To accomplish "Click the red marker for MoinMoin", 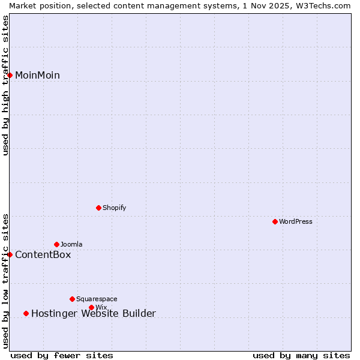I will pos(10,75).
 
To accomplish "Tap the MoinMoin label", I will pos(37,76).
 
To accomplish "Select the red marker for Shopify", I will pos(99,208).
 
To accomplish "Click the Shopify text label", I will pos(114,208).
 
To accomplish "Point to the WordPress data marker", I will pos(275,221).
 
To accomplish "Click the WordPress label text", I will pos(296,222).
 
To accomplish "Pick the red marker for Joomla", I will pos(57,244).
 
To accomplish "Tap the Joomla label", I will pos(71,245).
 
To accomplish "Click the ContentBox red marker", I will pos(10,254).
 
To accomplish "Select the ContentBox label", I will pos(43,255).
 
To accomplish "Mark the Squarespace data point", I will pos(73,299).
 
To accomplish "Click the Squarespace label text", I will pos(97,299).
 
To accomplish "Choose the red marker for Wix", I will pos(92,307).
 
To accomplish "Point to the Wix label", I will pos(101,308).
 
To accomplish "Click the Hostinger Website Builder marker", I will pos(26,313).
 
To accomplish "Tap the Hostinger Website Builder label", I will pos(93,314).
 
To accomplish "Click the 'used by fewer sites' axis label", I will pos(62,356).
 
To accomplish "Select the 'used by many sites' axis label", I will pos(301,356).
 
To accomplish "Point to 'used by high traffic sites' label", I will pos(5,85).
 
